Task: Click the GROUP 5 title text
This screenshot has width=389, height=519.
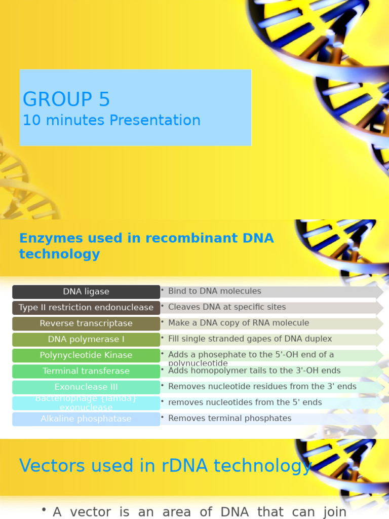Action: pyautogui.click(x=66, y=99)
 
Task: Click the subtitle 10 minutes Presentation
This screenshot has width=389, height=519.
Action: pyautogui.click(x=111, y=121)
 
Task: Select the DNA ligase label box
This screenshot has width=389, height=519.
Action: pyautogui.click(x=86, y=292)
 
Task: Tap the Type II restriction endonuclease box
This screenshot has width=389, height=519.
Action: pyautogui.click(x=86, y=308)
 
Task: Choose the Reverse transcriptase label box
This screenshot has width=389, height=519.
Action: pyautogui.click(x=86, y=324)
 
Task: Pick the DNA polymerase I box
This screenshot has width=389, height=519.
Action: pyautogui.click(x=86, y=340)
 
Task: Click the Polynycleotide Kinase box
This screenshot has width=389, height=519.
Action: pyautogui.click(x=86, y=355)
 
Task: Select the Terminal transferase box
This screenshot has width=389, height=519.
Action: pyautogui.click(x=86, y=372)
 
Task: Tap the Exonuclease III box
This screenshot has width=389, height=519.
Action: pyautogui.click(x=86, y=387)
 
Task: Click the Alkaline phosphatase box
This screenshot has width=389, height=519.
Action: pyautogui.click(x=86, y=419)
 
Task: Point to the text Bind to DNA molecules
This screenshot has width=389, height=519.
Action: pyautogui.click(x=214, y=291)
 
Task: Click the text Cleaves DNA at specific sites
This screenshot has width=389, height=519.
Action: pyautogui.click(x=226, y=307)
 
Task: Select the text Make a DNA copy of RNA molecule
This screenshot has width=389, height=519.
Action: pyautogui.click(x=238, y=323)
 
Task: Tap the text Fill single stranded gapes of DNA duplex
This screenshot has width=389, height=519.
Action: pyautogui.click(x=250, y=339)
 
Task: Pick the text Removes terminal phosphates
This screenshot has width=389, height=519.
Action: pyautogui.click(x=229, y=418)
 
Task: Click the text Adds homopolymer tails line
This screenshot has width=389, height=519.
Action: pyautogui.click(x=254, y=371)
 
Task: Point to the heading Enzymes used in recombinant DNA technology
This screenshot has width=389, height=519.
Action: pyautogui.click(x=146, y=246)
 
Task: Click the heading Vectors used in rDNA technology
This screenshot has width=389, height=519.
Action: pyautogui.click(x=165, y=466)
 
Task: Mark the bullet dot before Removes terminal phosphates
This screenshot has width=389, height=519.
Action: pyautogui.click(x=162, y=418)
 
